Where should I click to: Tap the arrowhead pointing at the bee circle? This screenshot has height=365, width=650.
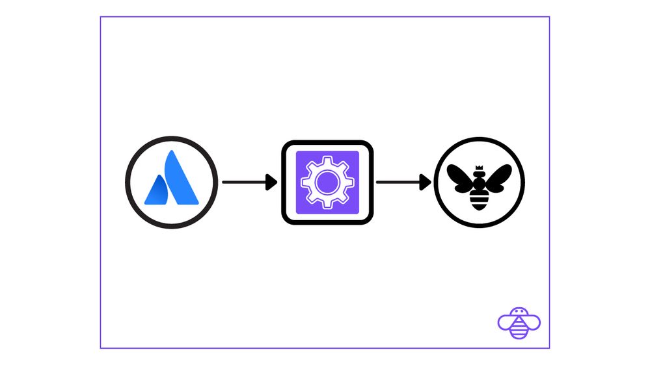426,182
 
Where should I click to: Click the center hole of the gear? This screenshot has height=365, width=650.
327,183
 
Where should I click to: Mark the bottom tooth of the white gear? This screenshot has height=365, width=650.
327,207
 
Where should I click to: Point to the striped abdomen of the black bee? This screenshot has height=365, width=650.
479,202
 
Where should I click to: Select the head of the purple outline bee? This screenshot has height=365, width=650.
519,312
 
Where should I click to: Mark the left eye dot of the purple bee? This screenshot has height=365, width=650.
517,311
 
